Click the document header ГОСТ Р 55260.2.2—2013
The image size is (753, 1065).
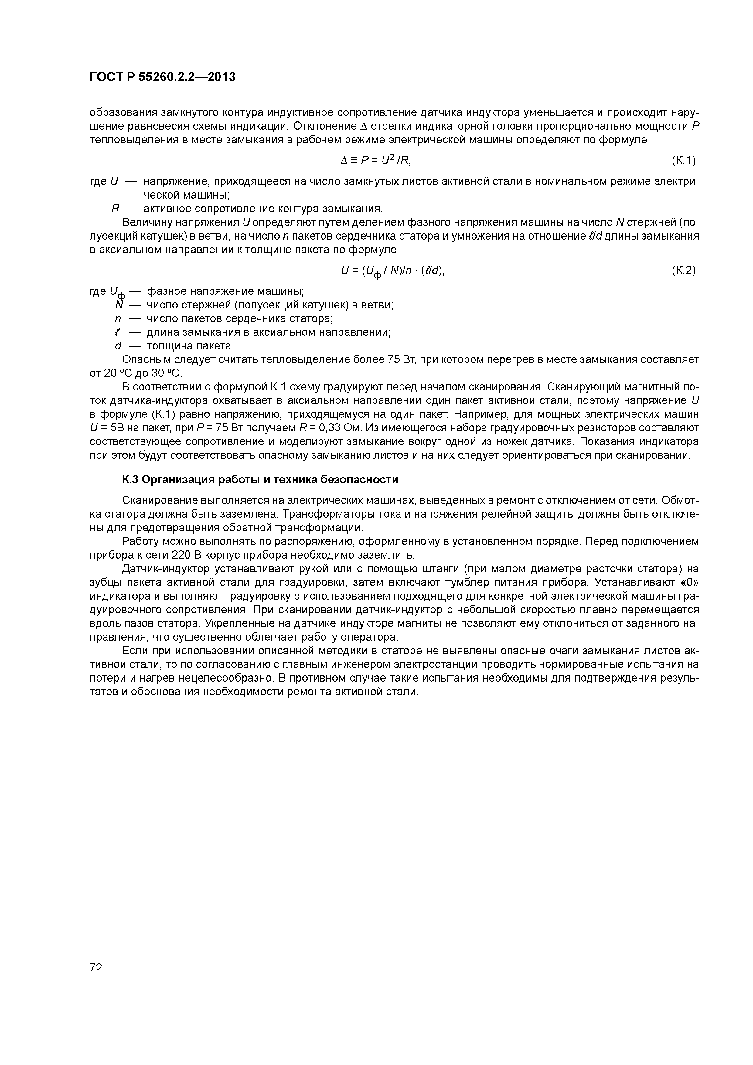coord(162,77)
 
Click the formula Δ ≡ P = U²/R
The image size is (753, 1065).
coord(376,161)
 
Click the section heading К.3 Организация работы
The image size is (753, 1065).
coord(260,480)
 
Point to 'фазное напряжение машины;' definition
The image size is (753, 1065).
coord(225,291)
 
